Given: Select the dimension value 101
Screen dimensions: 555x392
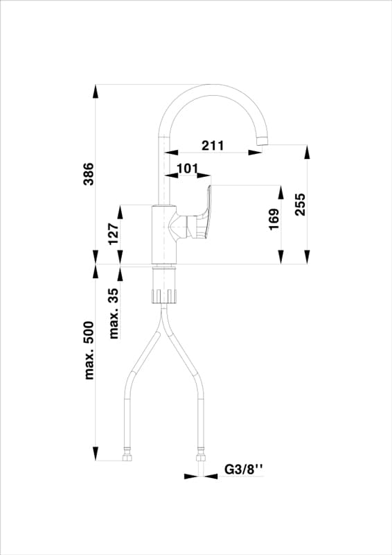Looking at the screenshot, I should coord(188,169).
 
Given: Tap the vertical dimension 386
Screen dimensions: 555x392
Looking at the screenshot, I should coord(89,174).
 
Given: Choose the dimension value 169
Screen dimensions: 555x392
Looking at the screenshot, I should coord(274,219).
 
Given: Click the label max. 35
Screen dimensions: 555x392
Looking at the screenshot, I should coord(114,314).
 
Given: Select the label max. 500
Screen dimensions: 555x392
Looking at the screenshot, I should coord(89,350).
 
